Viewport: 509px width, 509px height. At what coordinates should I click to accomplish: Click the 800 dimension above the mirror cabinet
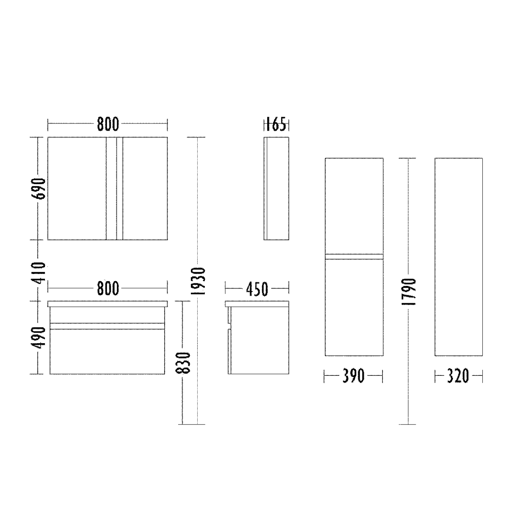108,124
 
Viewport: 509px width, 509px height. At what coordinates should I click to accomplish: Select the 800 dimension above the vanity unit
108,288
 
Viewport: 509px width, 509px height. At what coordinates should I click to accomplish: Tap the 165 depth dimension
276,124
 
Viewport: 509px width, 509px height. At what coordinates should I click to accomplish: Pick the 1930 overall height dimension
198,281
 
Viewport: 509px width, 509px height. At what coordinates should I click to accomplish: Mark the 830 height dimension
183,363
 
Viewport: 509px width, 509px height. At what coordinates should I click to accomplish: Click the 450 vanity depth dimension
257,289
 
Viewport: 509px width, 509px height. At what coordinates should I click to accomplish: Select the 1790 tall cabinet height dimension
408,292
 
